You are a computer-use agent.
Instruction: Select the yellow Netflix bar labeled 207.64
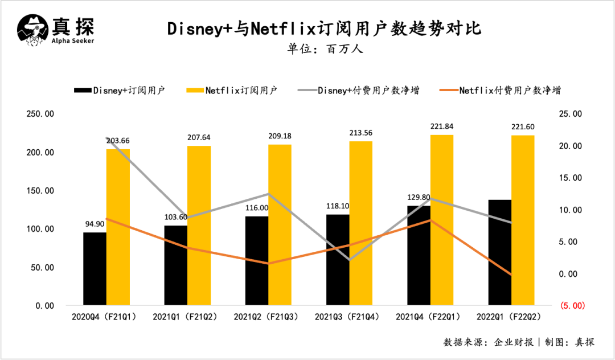(x=199, y=226)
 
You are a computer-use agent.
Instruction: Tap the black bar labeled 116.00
(x=256, y=261)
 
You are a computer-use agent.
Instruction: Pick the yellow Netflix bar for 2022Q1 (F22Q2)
(x=523, y=220)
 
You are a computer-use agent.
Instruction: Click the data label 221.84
(x=442, y=126)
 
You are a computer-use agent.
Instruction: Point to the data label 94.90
(x=95, y=223)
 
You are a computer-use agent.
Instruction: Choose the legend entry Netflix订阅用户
(x=241, y=91)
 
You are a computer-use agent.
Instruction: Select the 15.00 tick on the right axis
(x=570, y=178)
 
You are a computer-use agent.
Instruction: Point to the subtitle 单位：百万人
(x=325, y=48)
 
